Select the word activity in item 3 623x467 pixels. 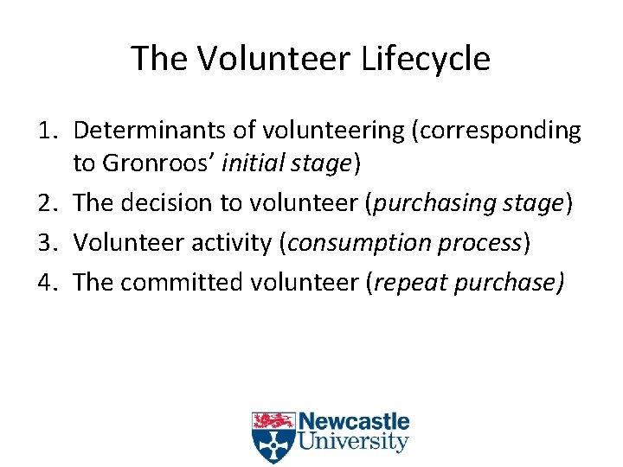point(232,243)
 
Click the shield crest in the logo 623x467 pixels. point(273,437)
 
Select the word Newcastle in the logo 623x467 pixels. point(354,423)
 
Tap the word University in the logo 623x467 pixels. point(353,443)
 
